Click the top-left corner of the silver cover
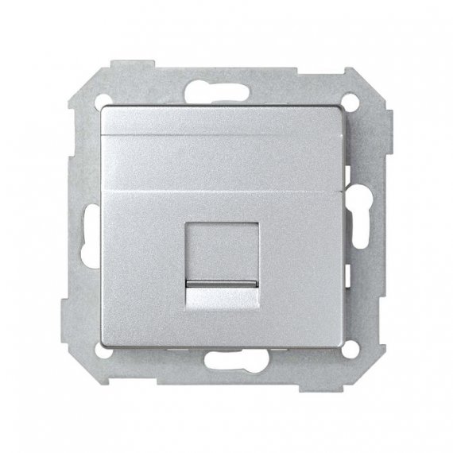103,109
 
